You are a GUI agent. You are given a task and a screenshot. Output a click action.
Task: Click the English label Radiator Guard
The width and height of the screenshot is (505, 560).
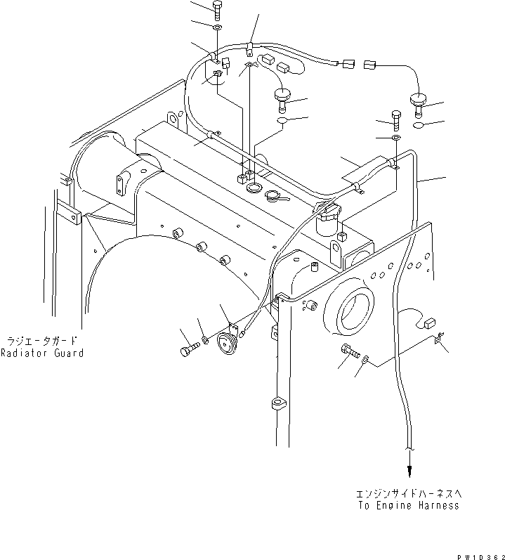pos(41,353)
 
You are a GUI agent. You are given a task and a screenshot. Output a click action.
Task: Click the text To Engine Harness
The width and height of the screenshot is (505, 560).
pos(407,505)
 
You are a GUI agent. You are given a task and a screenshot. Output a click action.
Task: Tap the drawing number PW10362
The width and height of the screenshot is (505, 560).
pos(478,554)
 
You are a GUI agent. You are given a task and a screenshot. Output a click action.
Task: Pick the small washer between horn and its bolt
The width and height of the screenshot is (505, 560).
pos(205,341)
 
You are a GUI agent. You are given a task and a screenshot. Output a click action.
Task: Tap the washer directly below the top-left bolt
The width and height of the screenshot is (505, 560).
pos(216,27)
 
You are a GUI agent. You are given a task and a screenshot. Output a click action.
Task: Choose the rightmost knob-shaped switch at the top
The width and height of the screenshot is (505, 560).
pos(419,104)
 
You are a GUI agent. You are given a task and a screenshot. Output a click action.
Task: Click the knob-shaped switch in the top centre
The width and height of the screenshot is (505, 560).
pos(283,98)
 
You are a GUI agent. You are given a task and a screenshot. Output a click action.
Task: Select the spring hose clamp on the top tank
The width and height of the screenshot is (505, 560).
pos(277,197)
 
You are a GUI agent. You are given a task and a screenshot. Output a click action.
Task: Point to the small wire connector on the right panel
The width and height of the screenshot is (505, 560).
pos(428,324)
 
